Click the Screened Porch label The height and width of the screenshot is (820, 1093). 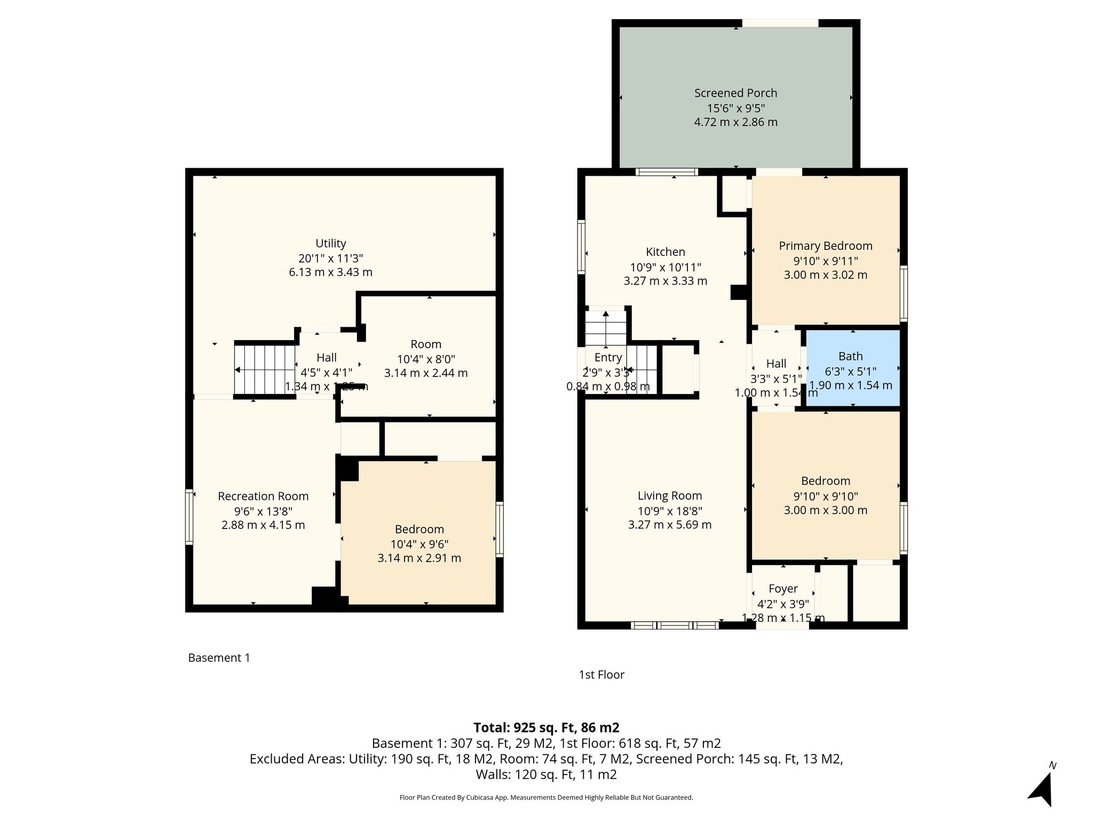coord(735,93)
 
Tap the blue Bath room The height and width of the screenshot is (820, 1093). coord(852,368)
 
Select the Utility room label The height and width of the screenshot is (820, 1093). coord(331,243)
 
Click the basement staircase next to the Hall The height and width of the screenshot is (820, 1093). coord(265,369)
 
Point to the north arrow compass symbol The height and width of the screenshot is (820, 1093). coord(1042,788)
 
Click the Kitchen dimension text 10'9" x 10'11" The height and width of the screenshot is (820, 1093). coord(666,267)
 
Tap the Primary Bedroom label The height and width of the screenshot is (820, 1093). coord(825,246)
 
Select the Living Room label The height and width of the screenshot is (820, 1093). coord(670,496)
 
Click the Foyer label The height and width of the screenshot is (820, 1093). coord(783,589)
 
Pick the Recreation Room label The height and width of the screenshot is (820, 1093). coord(263,496)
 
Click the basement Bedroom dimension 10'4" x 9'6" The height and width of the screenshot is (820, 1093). coord(419,544)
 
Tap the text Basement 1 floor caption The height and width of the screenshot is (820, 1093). coord(219,658)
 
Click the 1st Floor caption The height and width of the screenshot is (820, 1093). coord(601,675)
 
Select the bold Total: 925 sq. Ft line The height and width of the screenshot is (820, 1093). coord(546,728)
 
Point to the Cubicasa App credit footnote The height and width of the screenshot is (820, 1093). coord(546,798)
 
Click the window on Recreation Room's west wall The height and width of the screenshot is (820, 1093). coord(189,517)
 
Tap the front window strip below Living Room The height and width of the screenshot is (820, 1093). coord(675,625)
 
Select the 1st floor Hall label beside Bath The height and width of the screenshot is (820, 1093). coord(776,364)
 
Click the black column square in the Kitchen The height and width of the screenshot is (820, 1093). coord(738,292)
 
